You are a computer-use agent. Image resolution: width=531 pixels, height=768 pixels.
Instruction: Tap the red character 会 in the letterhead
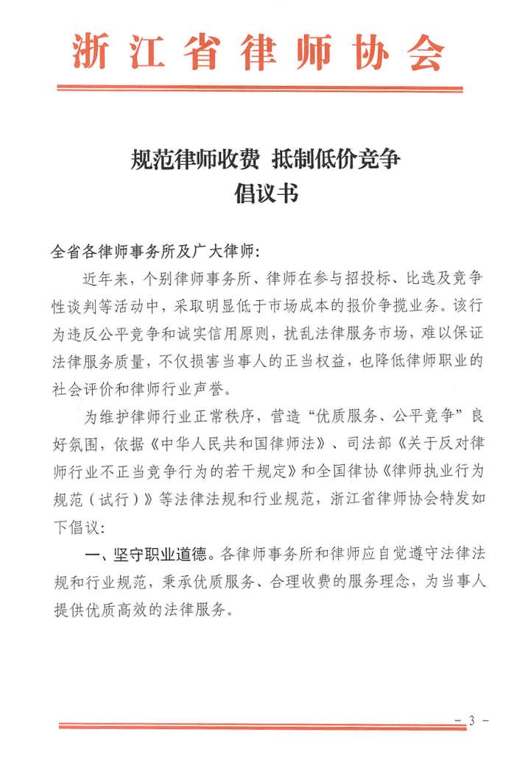tap(425, 52)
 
